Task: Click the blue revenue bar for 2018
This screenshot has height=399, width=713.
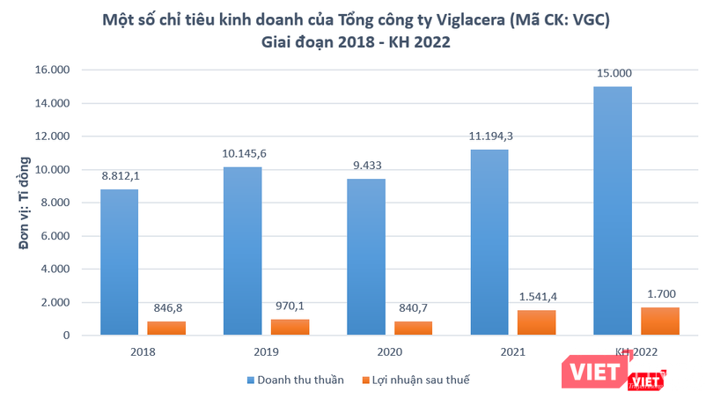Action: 118,262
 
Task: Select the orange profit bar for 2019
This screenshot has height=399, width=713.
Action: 290,327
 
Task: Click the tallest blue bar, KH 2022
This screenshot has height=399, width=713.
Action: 613,211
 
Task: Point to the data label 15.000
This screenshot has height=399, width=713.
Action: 613,74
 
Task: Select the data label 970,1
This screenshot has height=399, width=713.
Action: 290,307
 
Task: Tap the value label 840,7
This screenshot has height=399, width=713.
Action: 414,309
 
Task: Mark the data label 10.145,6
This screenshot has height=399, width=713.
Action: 242,154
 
